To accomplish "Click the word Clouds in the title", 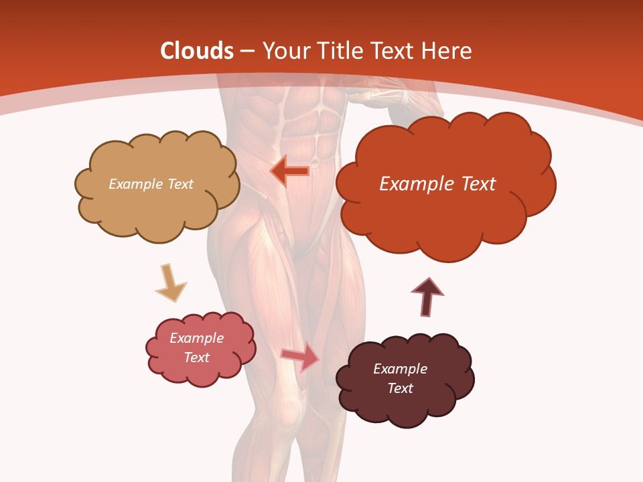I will coord(197,52).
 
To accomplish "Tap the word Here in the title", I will coord(449,52).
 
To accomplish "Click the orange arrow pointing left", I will coord(289,171).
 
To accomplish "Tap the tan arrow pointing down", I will coord(170,282).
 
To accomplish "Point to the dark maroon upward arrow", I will coord(427,297).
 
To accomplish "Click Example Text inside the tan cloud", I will coord(151,184).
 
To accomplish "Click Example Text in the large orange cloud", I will coord(437,184).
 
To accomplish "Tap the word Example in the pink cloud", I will coord(196,338).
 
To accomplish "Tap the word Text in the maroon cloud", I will coord(400,388).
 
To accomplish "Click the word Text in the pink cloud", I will coord(196,357).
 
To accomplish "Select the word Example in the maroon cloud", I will coord(400,369).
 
